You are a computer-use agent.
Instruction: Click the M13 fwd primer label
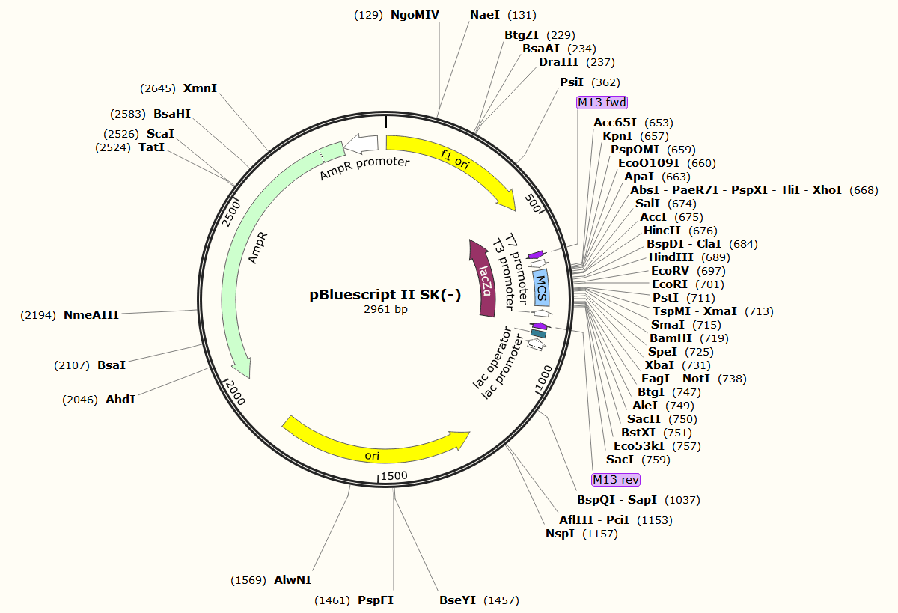tap(602, 102)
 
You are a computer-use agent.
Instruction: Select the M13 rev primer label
tap(615, 479)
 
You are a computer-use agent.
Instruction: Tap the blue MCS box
tap(542, 287)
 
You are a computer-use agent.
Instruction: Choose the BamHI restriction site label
tap(668, 338)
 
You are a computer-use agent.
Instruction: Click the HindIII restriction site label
tap(671, 257)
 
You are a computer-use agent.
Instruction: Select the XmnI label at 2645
tap(200, 88)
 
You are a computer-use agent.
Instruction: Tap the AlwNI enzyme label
tap(293, 579)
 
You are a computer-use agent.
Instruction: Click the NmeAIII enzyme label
tap(91, 315)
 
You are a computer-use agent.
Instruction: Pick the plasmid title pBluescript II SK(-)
tap(385, 294)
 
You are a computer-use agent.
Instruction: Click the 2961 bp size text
tap(385, 309)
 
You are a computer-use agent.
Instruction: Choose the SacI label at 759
tap(620, 460)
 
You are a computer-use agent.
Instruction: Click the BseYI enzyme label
tap(457, 600)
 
